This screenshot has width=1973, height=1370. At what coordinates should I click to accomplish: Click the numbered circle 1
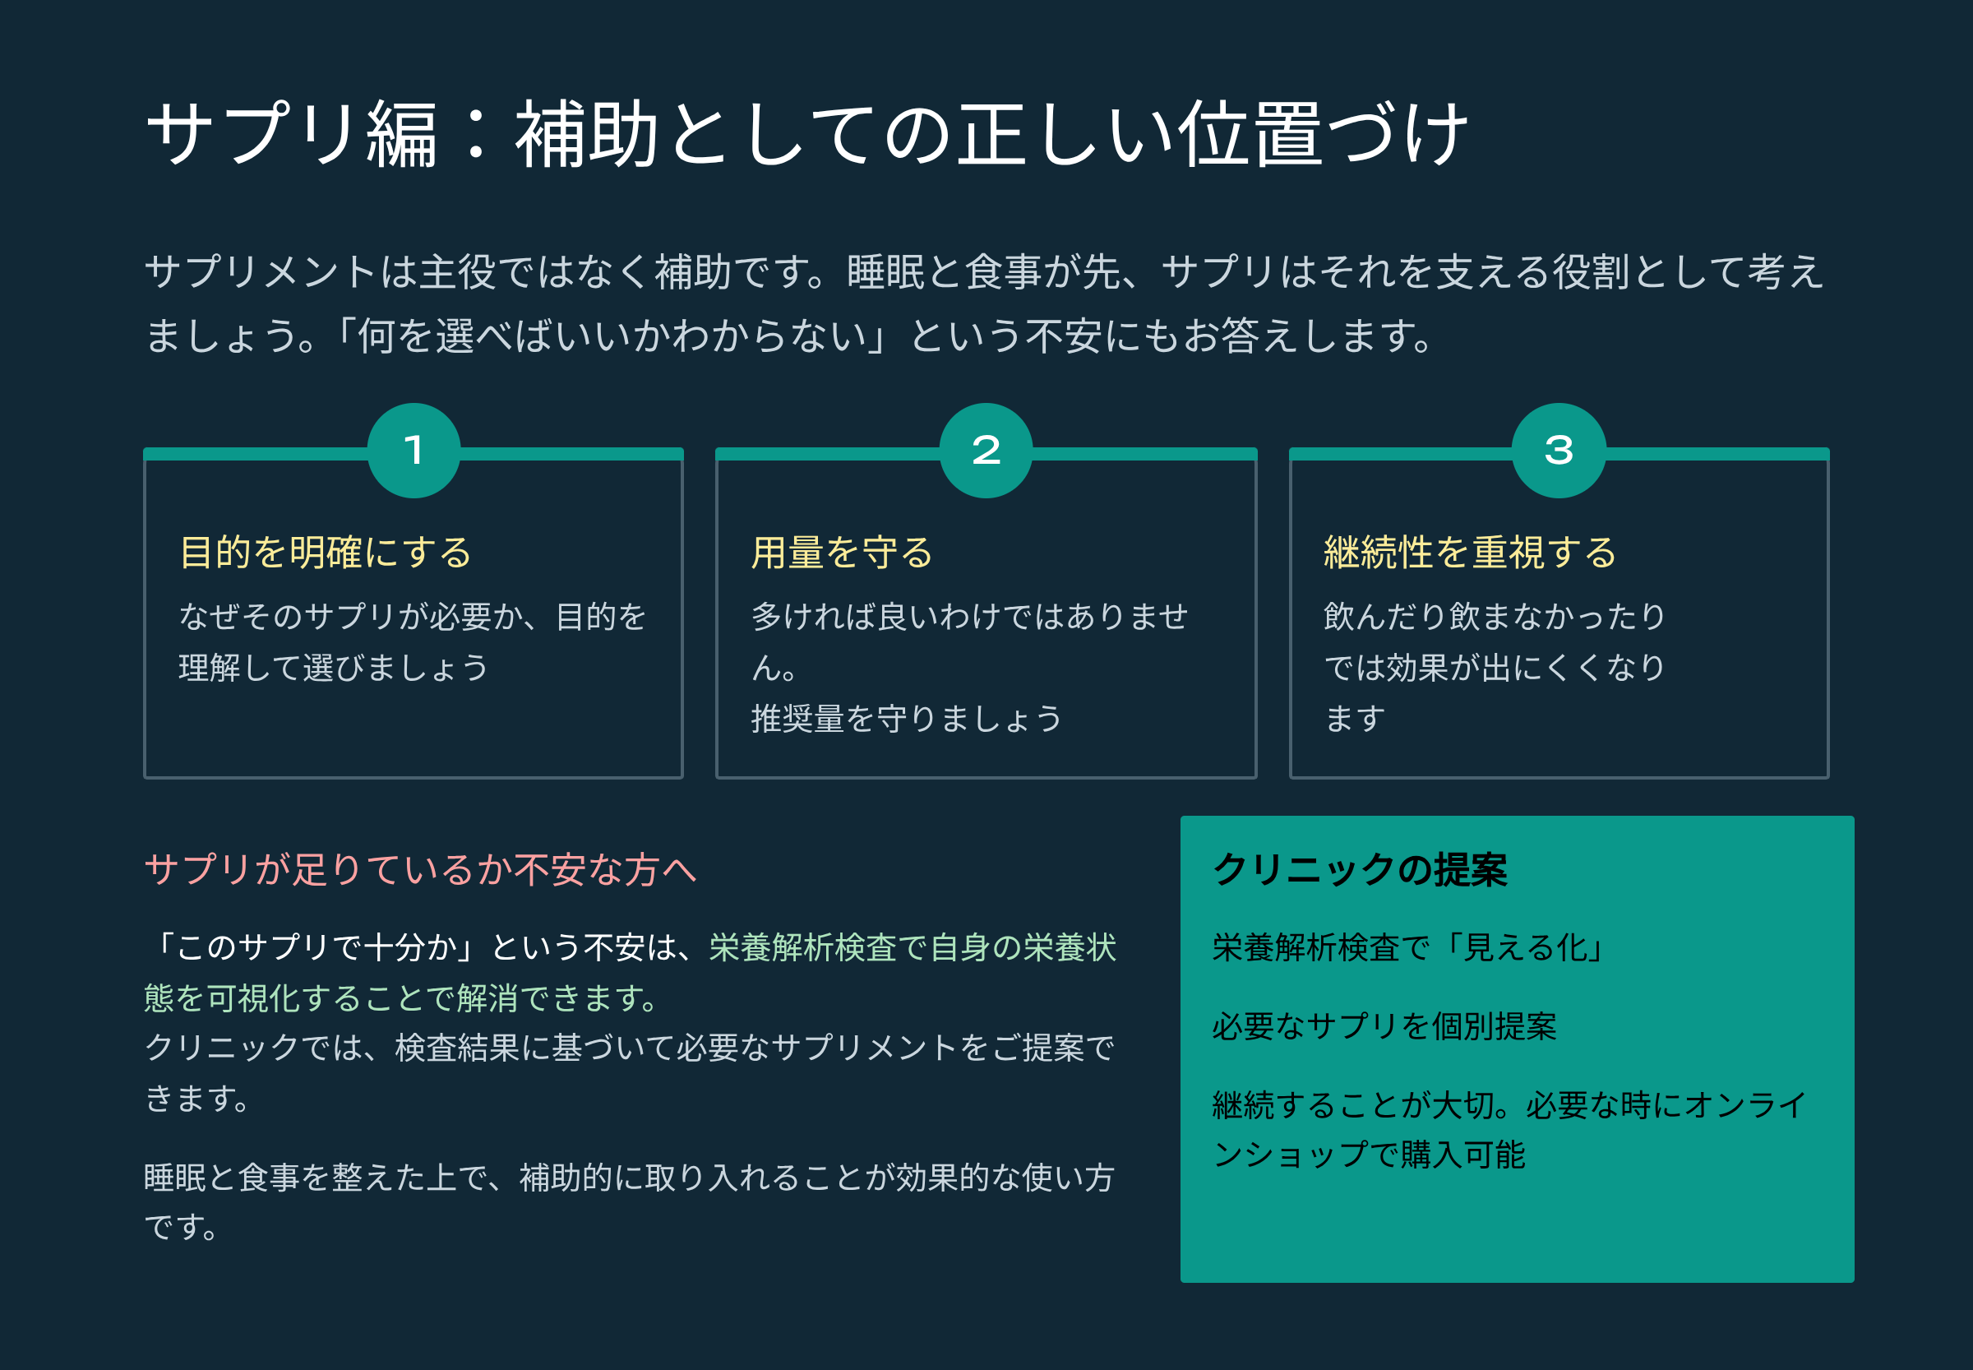click(414, 450)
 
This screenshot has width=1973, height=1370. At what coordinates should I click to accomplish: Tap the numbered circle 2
click(986, 450)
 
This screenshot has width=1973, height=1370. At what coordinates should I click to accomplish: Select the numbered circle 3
click(1559, 450)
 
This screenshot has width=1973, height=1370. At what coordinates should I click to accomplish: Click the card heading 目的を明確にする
click(326, 552)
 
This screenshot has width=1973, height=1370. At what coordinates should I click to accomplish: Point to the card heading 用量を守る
click(842, 552)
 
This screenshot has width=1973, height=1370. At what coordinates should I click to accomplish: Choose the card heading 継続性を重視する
click(1469, 552)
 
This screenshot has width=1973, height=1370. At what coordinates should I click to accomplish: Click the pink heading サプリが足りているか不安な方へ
click(421, 869)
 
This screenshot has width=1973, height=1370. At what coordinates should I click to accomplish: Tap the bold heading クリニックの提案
click(1361, 869)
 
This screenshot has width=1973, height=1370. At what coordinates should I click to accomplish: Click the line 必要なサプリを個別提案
click(1384, 1025)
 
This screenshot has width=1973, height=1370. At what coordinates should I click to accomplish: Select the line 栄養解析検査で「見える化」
click(1408, 947)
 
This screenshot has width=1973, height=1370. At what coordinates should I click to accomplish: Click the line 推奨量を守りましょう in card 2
click(906, 719)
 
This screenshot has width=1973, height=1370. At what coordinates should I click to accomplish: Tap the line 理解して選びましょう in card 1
click(334, 667)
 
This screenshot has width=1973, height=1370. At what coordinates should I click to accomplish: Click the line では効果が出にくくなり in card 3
click(1494, 667)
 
